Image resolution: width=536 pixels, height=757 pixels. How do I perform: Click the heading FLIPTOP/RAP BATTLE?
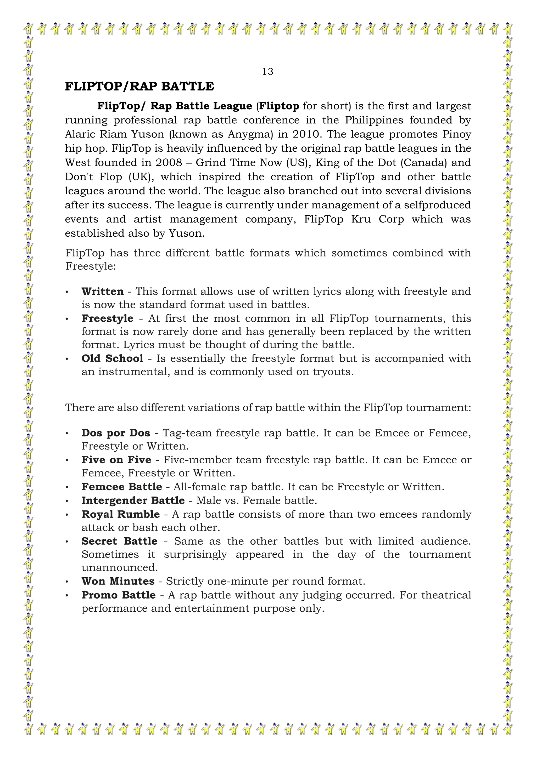coord(139,86)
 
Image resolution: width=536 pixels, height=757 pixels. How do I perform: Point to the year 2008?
coord(169,163)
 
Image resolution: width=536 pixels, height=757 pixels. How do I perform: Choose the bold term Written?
coord(102,292)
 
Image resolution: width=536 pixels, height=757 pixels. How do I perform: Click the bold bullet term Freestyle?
coord(107,318)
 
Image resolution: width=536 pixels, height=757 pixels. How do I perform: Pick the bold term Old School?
coord(112,358)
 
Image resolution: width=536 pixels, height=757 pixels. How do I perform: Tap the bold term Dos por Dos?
coord(115,433)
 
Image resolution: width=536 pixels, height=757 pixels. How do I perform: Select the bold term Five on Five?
coord(116,460)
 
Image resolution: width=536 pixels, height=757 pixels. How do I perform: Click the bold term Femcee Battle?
coord(121,487)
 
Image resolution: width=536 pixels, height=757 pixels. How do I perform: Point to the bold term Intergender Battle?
coord(133,500)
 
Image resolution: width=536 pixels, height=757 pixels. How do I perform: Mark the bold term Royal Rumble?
coord(120,514)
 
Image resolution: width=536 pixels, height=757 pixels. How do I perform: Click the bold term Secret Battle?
coord(119,541)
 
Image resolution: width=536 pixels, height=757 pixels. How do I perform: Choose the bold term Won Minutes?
coord(118,581)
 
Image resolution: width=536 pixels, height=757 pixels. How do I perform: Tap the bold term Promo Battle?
coord(119,595)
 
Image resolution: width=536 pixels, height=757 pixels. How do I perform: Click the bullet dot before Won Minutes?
coord(67,582)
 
